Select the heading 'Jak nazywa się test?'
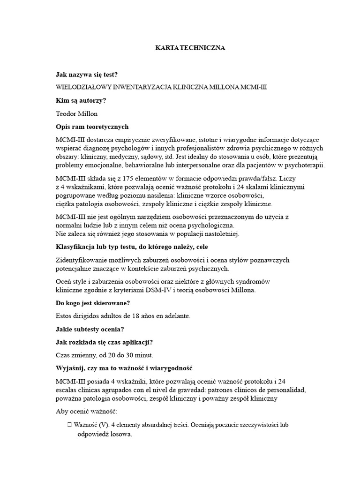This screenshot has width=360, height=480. point(86,74)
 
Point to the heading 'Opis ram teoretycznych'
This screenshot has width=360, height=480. point(92,127)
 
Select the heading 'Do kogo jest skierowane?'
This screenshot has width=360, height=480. point(92,303)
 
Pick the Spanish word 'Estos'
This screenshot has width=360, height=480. point(65,316)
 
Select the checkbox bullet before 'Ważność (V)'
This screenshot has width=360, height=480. point(69,425)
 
